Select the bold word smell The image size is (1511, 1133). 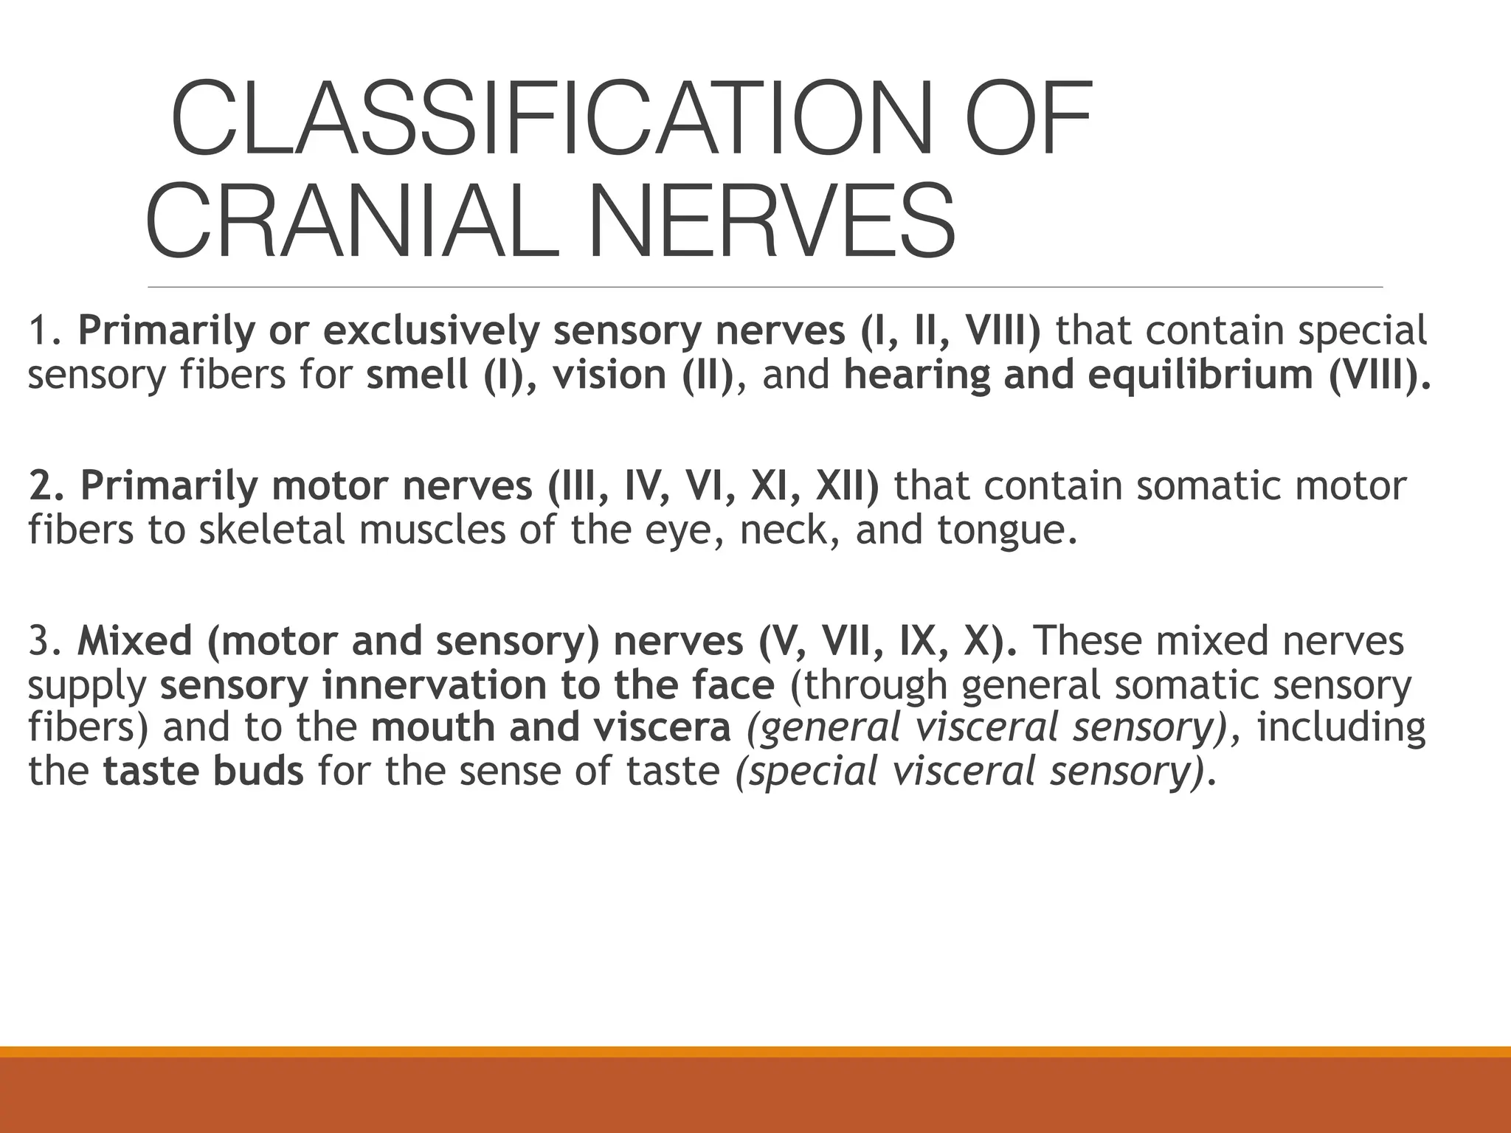click(418, 375)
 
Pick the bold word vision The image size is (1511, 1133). click(609, 375)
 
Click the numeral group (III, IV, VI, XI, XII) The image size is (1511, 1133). click(713, 487)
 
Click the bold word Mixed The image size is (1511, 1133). click(134, 641)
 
